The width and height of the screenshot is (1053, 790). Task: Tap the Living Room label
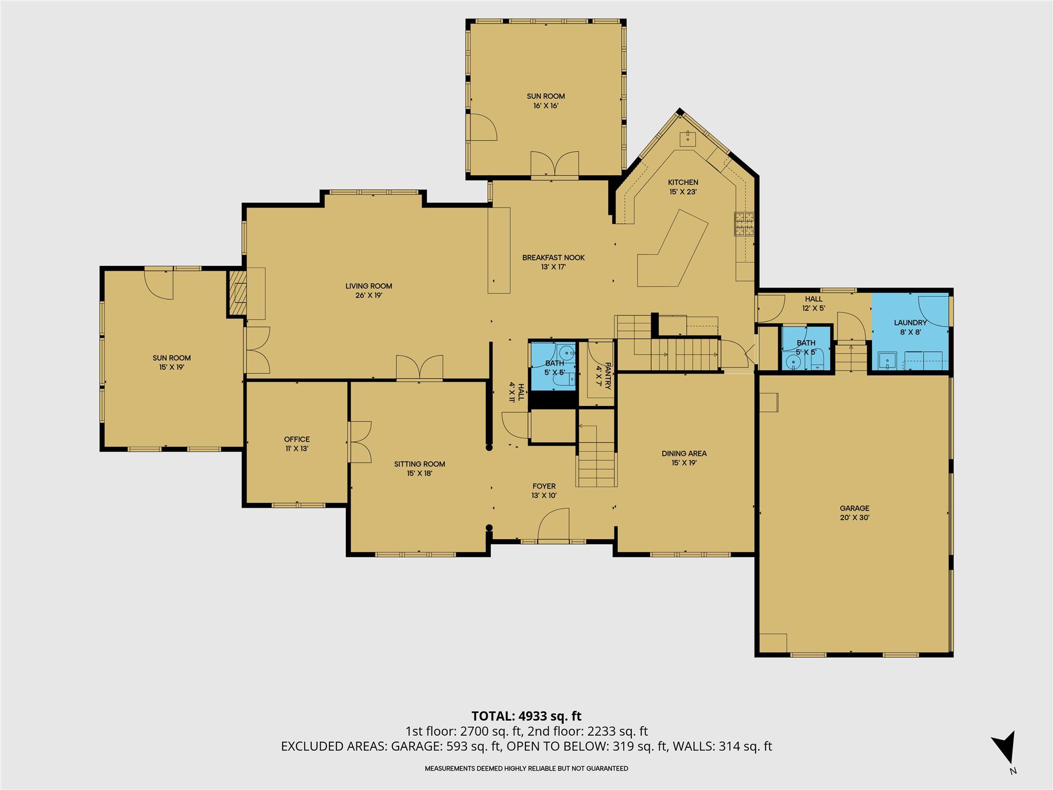click(369, 286)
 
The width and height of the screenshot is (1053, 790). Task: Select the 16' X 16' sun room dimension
click(545, 106)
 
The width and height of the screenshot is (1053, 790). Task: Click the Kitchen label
click(683, 182)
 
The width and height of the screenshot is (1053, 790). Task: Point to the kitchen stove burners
click(744, 224)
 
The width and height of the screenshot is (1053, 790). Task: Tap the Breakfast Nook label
click(553, 258)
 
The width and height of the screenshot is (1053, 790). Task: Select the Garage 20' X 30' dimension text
click(855, 518)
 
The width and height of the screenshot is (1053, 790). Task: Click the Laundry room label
click(910, 323)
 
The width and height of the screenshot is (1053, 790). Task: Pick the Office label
click(297, 439)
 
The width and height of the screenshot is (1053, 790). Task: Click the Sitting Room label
click(420, 464)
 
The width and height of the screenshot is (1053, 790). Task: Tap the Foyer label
click(544, 486)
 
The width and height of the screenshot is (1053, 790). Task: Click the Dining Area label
click(684, 453)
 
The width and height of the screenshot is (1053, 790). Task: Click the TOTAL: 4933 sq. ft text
click(526, 716)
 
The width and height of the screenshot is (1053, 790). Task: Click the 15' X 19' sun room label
click(172, 368)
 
